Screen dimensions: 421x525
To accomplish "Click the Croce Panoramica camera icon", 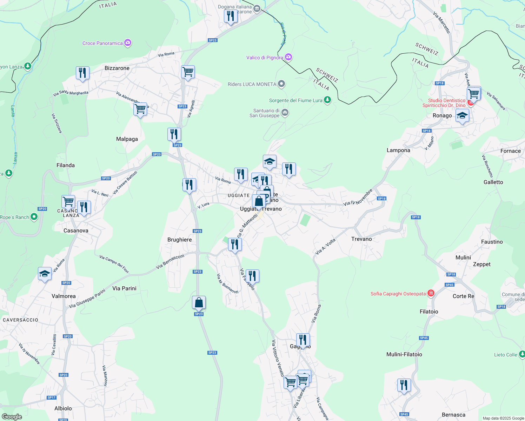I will (x=128, y=43).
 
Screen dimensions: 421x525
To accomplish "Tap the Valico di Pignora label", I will (x=265, y=58).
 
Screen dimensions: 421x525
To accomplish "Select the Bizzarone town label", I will (x=117, y=68).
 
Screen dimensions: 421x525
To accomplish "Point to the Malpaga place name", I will (x=127, y=139).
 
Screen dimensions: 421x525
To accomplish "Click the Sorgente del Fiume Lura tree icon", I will (x=327, y=100).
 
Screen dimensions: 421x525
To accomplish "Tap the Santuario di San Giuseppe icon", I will (x=285, y=113).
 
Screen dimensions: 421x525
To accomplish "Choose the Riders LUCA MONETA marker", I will (x=281, y=84).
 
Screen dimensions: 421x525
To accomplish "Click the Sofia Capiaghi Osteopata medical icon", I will (x=431, y=293).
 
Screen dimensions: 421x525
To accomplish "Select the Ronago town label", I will (x=442, y=115).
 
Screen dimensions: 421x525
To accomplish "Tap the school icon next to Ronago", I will (x=462, y=115).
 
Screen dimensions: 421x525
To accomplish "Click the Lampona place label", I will (x=398, y=150).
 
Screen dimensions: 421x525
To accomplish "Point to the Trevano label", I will (x=361, y=239).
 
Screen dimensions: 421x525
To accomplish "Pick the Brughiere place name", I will (x=180, y=240).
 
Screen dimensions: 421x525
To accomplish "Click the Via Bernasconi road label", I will (x=170, y=262).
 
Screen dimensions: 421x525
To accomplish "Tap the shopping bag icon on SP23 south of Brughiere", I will (x=199, y=302).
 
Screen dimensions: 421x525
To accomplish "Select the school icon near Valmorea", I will (x=45, y=273).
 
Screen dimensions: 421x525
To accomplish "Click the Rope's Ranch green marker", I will (x=34, y=217).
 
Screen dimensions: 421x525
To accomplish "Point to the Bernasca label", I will (x=453, y=415).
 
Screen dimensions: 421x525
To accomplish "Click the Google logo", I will (x=12, y=416).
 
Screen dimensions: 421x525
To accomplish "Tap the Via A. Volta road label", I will (x=325, y=247).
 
